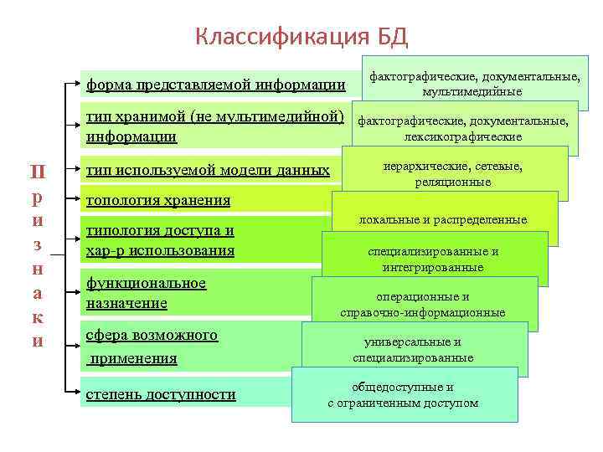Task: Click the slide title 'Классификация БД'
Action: pyautogui.click(x=301, y=36)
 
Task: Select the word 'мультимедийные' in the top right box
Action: pyautogui.click(x=472, y=92)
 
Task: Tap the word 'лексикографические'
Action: pyautogui.click(x=462, y=136)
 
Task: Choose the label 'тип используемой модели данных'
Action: pyautogui.click(x=208, y=171)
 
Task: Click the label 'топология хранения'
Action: pyautogui.click(x=158, y=201)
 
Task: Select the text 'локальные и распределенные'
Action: pyautogui.click(x=443, y=219)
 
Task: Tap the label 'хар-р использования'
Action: pyautogui.click(x=160, y=250)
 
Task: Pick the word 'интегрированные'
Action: pyautogui.click(x=433, y=268)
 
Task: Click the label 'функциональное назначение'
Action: pyautogui.click(x=146, y=293)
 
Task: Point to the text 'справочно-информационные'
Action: pyautogui.click(x=423, y=313)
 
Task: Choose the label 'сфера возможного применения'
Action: pyautogui.click(x=152, y=347)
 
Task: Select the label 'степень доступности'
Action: pyautogui.click(x=161, y=394)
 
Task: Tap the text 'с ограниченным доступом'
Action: pyautogui.click(x=403, y=403)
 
